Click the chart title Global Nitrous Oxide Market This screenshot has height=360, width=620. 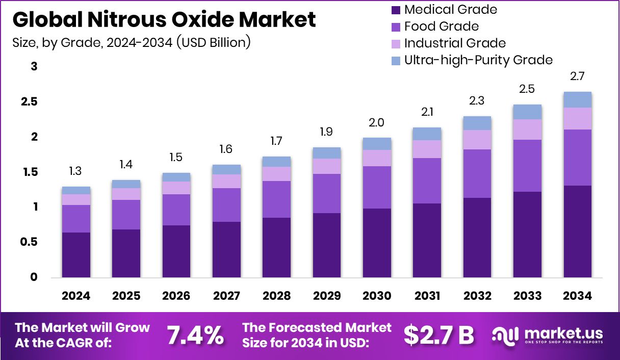click(164, 19)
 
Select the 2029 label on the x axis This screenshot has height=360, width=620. click(327, 296)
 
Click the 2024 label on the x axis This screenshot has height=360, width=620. click(76, 296)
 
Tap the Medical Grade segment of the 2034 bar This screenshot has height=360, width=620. click(577, 232)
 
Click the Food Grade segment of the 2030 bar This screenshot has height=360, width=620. click(377, 187)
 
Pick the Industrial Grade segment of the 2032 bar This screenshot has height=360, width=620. click(477, 140)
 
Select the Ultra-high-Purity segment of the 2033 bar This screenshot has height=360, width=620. click(527, 112)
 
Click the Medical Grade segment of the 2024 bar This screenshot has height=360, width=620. click(76, 255)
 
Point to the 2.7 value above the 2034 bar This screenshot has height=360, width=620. click(577, 76)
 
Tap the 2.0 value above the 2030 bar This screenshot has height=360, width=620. click(377, 123)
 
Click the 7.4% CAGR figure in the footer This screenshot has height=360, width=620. click(195, 335)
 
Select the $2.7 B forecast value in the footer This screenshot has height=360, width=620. click(438, 335)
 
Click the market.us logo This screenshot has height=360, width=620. click(548, 335)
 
